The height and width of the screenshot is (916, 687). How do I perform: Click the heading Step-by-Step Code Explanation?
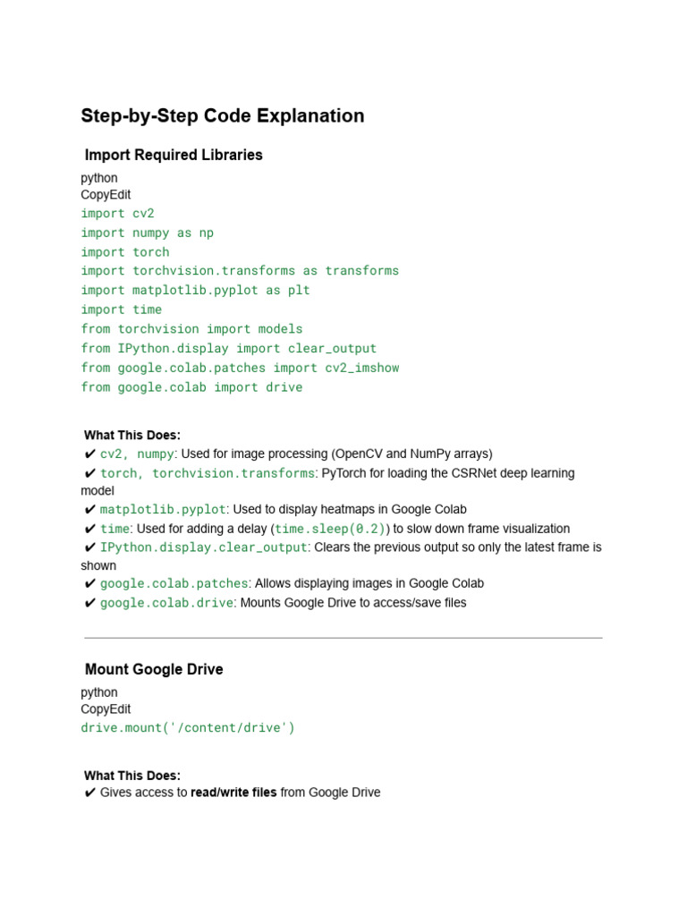coord(223,116)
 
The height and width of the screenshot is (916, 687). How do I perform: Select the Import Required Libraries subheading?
coord(174,155)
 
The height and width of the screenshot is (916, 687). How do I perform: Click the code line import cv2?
coord(117,213)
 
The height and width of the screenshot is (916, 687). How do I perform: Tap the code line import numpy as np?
coord(147,233)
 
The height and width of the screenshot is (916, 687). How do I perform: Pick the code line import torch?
coord(124,252)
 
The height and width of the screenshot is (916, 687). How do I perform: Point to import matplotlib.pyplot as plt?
coord(195,290)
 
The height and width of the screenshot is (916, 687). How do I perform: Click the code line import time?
coord(121,310)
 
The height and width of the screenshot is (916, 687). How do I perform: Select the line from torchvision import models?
coord(191,329)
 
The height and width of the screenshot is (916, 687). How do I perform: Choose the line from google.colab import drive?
coord(191,387)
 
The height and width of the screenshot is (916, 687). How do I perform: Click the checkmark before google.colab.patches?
coord(89,583)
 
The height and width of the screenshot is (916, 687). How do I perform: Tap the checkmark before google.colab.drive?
coord(89,603)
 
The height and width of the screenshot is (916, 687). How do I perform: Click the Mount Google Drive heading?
coord(154,669)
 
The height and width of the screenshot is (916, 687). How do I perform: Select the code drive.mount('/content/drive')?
coord(187,727)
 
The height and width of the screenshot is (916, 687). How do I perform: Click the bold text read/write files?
coord(233,793)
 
